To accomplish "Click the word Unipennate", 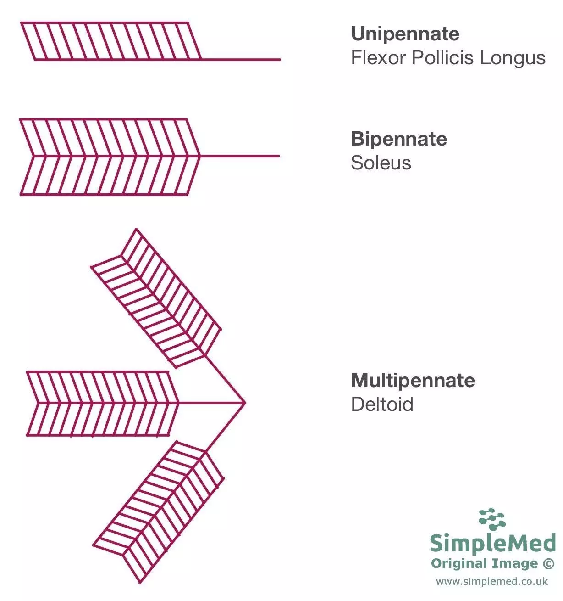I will pos(405,34).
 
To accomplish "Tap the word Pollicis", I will pos(443,58).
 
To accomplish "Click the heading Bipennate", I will pos(399,139).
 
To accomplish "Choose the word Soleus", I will pos(381,163).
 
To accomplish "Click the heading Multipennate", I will pos(413,381).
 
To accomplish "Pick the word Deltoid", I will pos(382,404).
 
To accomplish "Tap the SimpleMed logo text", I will pos(492,543).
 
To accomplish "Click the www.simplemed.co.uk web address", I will pos(491,582).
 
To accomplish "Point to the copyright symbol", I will pos(548,564).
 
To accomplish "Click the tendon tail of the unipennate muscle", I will pos(241,60).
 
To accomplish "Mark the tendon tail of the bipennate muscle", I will pos(240,156).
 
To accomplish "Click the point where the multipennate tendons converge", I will pos(245,403).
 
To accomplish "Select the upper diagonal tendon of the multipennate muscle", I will pos(225,379).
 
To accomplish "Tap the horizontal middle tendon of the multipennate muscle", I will pos(211,403).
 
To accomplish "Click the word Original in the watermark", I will pos(459,564).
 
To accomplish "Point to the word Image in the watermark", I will pos(519,564).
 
